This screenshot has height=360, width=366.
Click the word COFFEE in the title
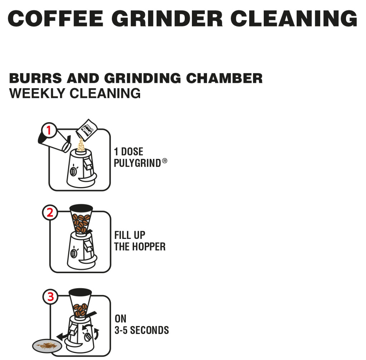coord(55,19)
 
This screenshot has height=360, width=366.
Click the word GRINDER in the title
coord(167,19)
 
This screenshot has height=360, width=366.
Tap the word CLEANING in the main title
coord(294,19)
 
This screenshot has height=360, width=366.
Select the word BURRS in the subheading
coord(35,78)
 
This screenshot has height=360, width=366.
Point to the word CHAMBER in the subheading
coord(224,78)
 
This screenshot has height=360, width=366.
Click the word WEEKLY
coord(37,93)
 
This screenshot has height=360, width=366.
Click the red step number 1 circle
coord(49,130)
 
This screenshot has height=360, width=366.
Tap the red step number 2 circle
coord(50,212)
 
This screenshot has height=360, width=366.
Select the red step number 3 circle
coord(50,296)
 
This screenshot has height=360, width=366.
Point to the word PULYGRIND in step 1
coord(137,163)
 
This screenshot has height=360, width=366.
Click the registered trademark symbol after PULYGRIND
coord(164,161)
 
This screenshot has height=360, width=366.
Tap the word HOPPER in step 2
coord(149,246)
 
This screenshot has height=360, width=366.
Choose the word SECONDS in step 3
coord(149,330)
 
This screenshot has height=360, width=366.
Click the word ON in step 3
coord(120,319)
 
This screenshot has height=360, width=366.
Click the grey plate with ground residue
coord(47,346)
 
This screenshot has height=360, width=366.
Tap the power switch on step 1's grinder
coord(73,171)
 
